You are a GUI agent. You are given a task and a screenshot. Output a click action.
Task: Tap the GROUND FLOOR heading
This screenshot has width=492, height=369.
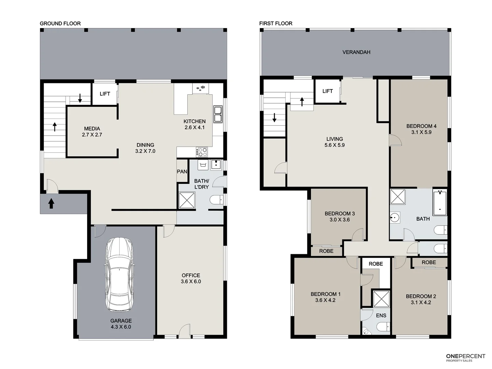point(60,24)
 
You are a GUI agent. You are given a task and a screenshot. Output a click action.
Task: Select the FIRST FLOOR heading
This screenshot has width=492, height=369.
point(276,24)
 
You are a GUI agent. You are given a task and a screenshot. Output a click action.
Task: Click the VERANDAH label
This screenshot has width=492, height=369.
point(356,52)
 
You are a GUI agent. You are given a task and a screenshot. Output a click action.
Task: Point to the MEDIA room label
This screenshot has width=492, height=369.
point(92,129)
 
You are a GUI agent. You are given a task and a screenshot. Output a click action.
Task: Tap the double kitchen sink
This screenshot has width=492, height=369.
point(218,114)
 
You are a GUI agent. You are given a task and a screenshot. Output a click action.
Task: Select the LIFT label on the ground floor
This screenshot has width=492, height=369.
point(105,94)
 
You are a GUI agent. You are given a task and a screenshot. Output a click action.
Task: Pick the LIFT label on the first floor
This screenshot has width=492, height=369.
point(327,91)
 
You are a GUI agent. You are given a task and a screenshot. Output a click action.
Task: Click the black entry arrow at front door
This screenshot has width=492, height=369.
point(51,204)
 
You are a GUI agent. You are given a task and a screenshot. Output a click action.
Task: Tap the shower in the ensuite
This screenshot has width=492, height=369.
point(381,299)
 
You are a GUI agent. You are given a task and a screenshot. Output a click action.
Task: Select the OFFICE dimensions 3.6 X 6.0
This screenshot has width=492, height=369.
point(191,282)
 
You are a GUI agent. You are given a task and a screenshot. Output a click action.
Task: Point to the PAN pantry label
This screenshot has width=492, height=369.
point(182,172)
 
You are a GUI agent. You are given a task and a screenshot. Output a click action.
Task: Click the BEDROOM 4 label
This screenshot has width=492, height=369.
point(421,126)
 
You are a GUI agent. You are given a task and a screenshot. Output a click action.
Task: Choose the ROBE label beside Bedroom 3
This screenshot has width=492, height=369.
point(326,251)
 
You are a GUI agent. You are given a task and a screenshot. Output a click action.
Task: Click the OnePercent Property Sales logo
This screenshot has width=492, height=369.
point(465,357)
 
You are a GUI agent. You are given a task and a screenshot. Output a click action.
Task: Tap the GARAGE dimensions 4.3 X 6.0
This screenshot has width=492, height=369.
point(121,327)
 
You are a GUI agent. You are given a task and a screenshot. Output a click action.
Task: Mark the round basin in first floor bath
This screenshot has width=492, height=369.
point(395,217)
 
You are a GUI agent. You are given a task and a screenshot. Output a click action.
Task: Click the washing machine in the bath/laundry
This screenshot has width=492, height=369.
point(203,165)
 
